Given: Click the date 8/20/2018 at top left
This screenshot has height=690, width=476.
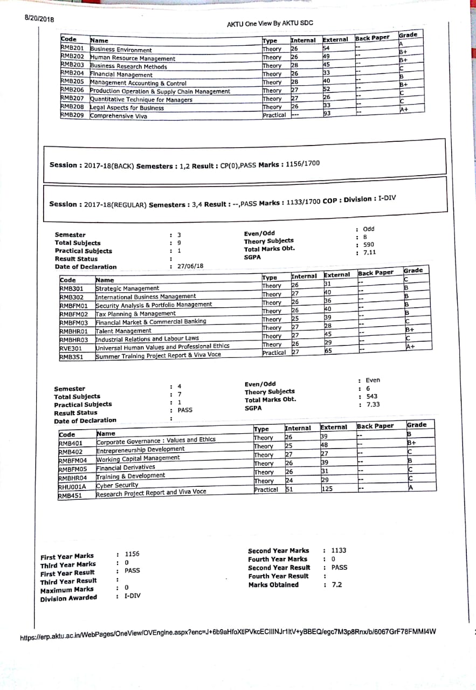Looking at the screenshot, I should pyautogui.click(x=39, y=19).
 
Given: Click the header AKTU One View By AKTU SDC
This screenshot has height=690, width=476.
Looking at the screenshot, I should pyautogui.click(x=270, y=24).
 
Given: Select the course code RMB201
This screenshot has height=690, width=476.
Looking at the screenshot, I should pyautogui.click(x=72, y=47).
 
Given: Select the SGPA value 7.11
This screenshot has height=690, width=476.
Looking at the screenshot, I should pyautogui.click(x=369, y=252).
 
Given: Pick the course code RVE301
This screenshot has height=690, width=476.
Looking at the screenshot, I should pyautogui.click(x=71, y=348).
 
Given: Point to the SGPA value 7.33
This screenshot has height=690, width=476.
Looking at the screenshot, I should pyautogui.click(x=372, y=404).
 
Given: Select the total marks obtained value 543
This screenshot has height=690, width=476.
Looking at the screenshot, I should pyautogui.click(x=371, y=396).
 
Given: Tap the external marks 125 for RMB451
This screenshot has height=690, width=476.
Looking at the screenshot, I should pyautogui.click(x=327, y=489).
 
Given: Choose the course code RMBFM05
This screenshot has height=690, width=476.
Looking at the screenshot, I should pyautogui.click(x=73, y=469).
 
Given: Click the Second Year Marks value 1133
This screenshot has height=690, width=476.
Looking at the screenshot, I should pyautogui.click(x=339, y=550).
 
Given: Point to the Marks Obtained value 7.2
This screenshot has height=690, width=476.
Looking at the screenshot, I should pyautogui.click(x=336, y=584).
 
